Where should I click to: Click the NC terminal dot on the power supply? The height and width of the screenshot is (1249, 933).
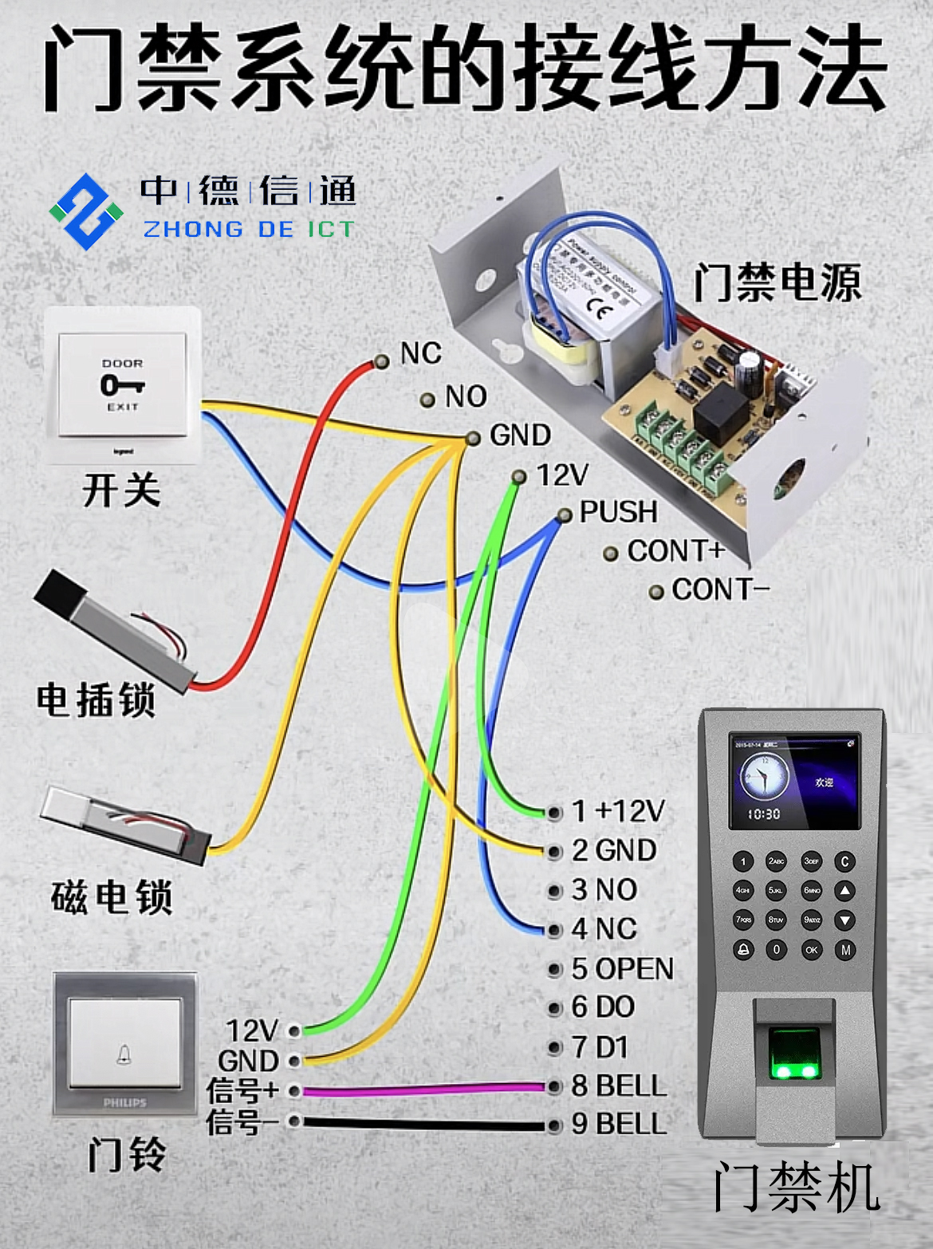pyautogui.click(x=382, y=362)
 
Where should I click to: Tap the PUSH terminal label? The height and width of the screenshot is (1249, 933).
pyautogui.click(x=618, y=512)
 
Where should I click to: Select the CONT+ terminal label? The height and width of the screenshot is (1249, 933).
pyautogui.click(x=675, y=551)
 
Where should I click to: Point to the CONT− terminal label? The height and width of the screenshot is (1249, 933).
pyautogui.click(x=719, y=590)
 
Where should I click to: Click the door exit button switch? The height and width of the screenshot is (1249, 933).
pyautogui.click(x=122, y=385)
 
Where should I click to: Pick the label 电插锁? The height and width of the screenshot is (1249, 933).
pyautogui.click(x=96, y=700)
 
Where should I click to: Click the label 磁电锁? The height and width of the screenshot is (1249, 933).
pyautogui.click(x=112, y=897)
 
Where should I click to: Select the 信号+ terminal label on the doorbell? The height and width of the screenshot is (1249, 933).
pyautogui.click(x=242, y=1090)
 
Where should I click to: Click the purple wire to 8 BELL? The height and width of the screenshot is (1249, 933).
pyautogui.click(x=423, y=1089)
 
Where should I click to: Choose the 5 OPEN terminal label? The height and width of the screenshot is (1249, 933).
pyautogui.click(x=622, y=969)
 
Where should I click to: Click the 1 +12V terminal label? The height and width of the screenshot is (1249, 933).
pyautogui.click(x=618, y=812)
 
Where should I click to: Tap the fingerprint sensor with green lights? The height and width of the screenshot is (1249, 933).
pyautogui.click(x=794, y=1053)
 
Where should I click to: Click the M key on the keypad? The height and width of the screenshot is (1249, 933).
pyautogui.click(x=845, y=950)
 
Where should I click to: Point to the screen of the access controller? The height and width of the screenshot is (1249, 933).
pyautogui.click(x=794, y=782)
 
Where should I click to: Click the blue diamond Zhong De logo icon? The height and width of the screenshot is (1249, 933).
pyautogui.click(x=86, y=211)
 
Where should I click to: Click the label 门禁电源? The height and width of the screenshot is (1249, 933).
pyautogui.click(x=777, y=283)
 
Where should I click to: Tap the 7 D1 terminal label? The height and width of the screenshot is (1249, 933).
pyautogui.click(x=600, y=1047)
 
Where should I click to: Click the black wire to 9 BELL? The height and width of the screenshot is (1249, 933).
pyautogui.click(x=423, y=1125)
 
